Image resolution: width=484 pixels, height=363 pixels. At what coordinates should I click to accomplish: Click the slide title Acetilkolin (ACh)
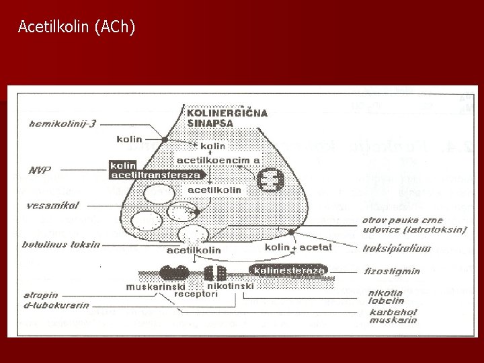pos(77,27)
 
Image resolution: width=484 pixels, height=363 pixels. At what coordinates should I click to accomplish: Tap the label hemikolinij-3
pos(61,123)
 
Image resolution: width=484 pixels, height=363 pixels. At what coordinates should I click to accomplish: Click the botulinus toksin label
pos(60,245)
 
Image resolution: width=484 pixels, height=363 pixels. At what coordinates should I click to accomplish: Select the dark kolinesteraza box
pos(288,270)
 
